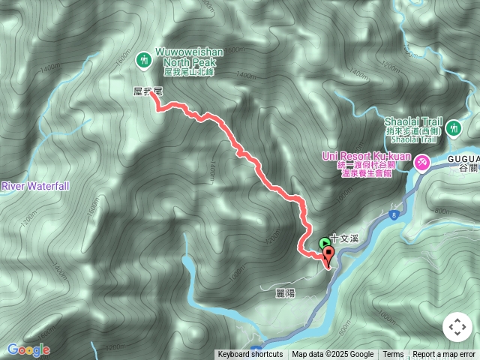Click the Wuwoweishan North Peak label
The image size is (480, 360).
pos(190,58)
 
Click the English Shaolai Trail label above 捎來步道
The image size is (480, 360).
pos(413,121)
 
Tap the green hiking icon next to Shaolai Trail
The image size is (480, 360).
pos(453,129)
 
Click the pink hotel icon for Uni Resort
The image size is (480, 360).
pos(422,160)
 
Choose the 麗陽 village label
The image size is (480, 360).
pos(285,293)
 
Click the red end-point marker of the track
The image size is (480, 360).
pos(328,253)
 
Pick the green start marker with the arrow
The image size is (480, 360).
pos(324,243)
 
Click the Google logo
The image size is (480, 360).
pos(28,349)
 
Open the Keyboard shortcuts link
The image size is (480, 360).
pos(250,355)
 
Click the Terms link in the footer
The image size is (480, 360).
pos(393,355)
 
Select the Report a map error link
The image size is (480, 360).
pos(444,355)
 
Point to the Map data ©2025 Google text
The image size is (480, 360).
pos(332,355)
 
